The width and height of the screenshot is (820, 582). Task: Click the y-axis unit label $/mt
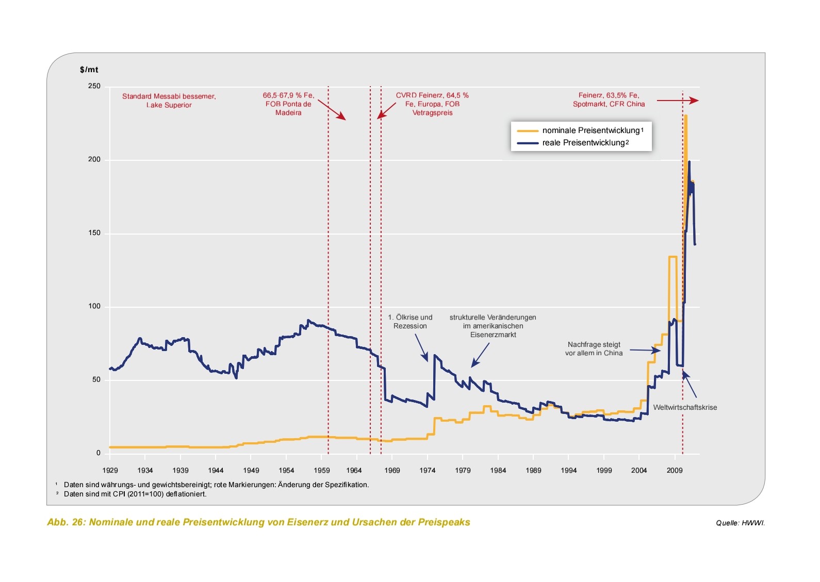click(x=89, y=70)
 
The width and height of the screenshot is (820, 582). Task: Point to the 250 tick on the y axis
click(x=94, y=86)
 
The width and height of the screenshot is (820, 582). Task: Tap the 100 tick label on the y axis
click(x=94, y=306)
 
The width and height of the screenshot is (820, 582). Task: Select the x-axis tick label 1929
click(x=110, y=470)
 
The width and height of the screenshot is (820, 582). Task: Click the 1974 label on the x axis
click(x=427, y=470)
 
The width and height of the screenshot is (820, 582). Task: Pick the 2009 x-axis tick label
click(x=674, y=470)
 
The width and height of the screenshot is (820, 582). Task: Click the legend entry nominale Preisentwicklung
click(x=591, y=130)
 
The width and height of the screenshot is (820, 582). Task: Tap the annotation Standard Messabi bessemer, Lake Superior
click(x=169, y=101)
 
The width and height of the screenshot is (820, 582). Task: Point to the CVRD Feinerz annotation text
click(x=432, y=104)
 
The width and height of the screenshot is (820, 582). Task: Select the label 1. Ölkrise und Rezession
click(x=410, y=322)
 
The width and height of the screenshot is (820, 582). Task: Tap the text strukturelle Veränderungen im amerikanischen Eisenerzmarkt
click(x=493, y=326)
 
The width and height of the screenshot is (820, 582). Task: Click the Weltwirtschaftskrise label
click(x=684, y=407)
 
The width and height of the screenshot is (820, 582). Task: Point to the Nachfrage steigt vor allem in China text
click(x=594, y=348)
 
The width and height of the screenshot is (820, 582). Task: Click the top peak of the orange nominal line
click(x=685, y=116)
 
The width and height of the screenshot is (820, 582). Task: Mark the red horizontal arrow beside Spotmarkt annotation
click(x=677, y=101)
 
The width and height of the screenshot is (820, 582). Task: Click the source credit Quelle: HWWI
click(x=740, y=523)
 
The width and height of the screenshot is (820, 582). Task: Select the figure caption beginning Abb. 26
click(x=258, y=522)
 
